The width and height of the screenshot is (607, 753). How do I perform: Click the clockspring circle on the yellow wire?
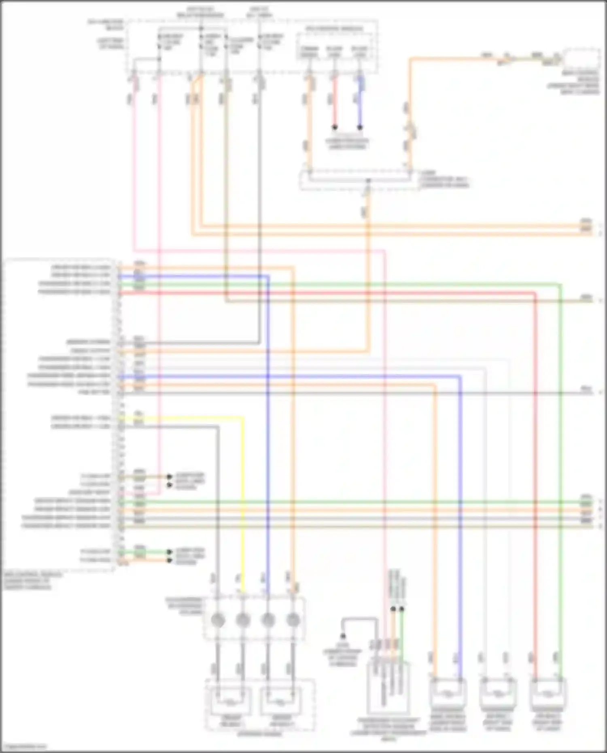(242, 619)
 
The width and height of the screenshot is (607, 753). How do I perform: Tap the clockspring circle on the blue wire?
(267, 619)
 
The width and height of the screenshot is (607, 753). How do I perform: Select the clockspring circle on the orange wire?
(293, 619)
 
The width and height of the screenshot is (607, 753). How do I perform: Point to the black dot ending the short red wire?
(335, 127)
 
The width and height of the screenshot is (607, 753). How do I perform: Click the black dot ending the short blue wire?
(360, 127)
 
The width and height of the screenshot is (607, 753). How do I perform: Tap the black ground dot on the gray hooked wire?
(343, 636)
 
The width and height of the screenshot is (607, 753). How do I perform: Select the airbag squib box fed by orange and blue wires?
(448, 694)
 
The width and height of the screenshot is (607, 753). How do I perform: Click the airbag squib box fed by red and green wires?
(548, 694)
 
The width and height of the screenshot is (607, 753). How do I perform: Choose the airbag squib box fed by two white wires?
(497, 694)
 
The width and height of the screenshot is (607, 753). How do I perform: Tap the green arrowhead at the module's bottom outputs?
(170, 552)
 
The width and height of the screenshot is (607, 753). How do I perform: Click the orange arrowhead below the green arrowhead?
(170, 560)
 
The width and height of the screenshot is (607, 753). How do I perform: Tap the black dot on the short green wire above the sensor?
(402, 609)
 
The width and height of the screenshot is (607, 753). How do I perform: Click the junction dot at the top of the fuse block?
(201, 28)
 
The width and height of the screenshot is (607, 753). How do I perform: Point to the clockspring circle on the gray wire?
(218, 619)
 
